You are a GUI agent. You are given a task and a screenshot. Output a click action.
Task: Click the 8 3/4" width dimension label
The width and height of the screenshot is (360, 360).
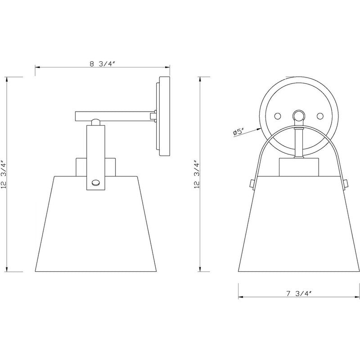103,63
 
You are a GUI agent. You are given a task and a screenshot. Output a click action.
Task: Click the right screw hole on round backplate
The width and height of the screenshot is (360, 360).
320,116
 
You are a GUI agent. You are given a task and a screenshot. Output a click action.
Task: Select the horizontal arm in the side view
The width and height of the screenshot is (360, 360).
115,116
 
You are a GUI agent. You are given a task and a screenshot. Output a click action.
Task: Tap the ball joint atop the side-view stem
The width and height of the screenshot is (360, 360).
95,121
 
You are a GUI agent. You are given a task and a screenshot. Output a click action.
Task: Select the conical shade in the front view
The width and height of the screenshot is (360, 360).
298,225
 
